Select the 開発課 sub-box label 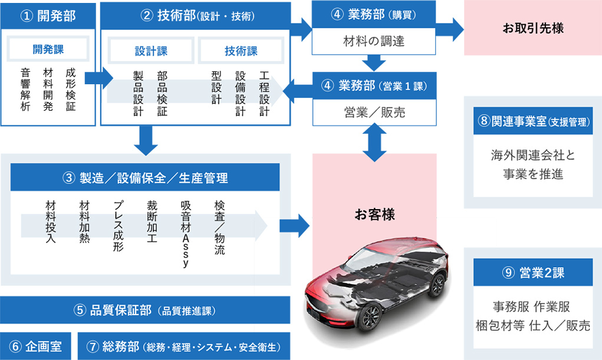pos(48,49)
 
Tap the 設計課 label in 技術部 pos(151,51)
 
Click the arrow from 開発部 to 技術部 pos(98,77)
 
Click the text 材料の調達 pos(374,42)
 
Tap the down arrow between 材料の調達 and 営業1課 pos(374,62)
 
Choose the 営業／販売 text pos(374,112)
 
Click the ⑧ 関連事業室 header pos(533,121)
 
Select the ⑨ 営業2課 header pos(533,272)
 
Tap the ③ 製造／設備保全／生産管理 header pos(145,177)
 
